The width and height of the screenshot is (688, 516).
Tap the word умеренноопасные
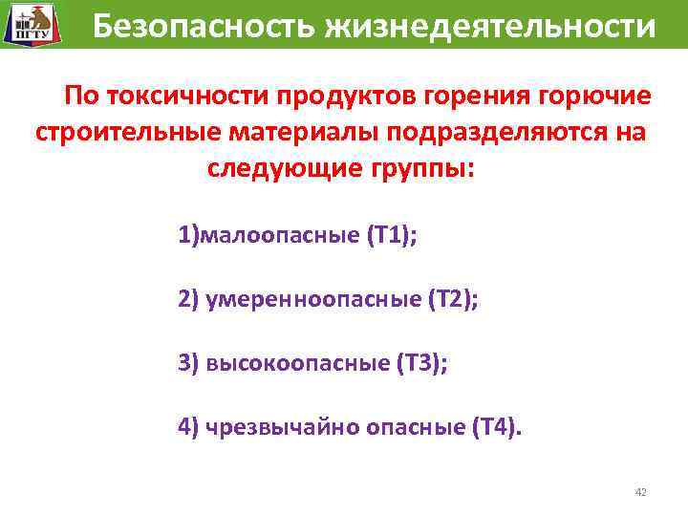[x=312, y=299]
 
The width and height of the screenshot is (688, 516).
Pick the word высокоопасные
[x=297, y=363]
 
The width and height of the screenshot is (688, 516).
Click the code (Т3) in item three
[x=422, y=363]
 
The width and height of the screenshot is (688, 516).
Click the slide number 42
[x=640, y=492]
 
